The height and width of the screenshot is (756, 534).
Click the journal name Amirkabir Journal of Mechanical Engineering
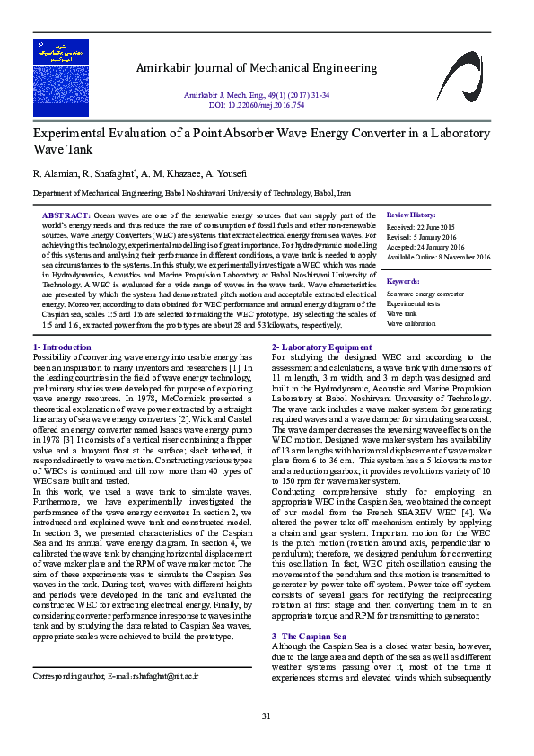[x=256, y=69]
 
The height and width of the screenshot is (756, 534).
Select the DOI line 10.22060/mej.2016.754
[x=256, y=105]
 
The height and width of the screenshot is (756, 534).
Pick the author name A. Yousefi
[x=222, y=172]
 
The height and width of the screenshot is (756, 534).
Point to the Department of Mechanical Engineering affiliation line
[x=192, y=193]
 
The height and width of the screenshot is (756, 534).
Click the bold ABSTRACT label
[x=66, y=216]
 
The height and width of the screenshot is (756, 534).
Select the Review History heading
[x=410, y=216]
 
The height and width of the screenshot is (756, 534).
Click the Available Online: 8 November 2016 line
[x=438, y=257]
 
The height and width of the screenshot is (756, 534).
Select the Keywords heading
[x=403, y=281]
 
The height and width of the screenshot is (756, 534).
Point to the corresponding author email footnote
[x=116, y=675]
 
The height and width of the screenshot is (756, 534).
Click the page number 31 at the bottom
[x=266, y=716]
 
